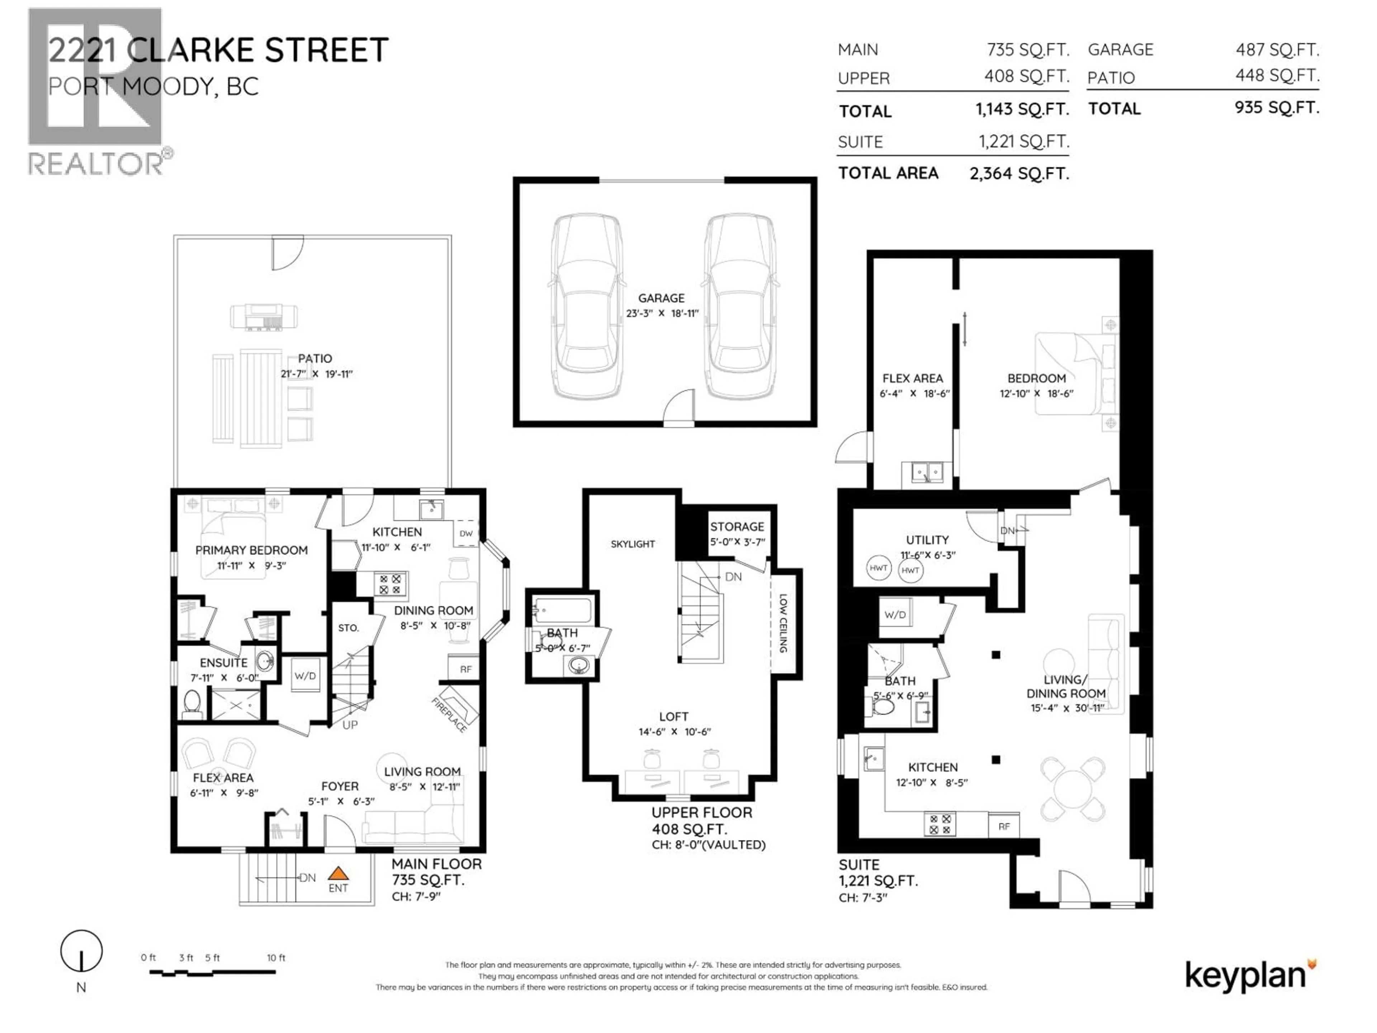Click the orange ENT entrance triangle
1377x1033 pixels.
338,874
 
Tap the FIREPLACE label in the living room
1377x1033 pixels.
449,715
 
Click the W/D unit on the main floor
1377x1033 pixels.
305,676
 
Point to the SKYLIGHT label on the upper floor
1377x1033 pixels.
633,544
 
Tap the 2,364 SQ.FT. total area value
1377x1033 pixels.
1019,174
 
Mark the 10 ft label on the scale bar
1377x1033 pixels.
276,958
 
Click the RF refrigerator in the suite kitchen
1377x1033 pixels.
1003,826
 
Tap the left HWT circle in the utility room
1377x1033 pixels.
878,568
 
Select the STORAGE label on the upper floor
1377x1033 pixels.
737,527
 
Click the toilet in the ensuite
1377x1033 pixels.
192,704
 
